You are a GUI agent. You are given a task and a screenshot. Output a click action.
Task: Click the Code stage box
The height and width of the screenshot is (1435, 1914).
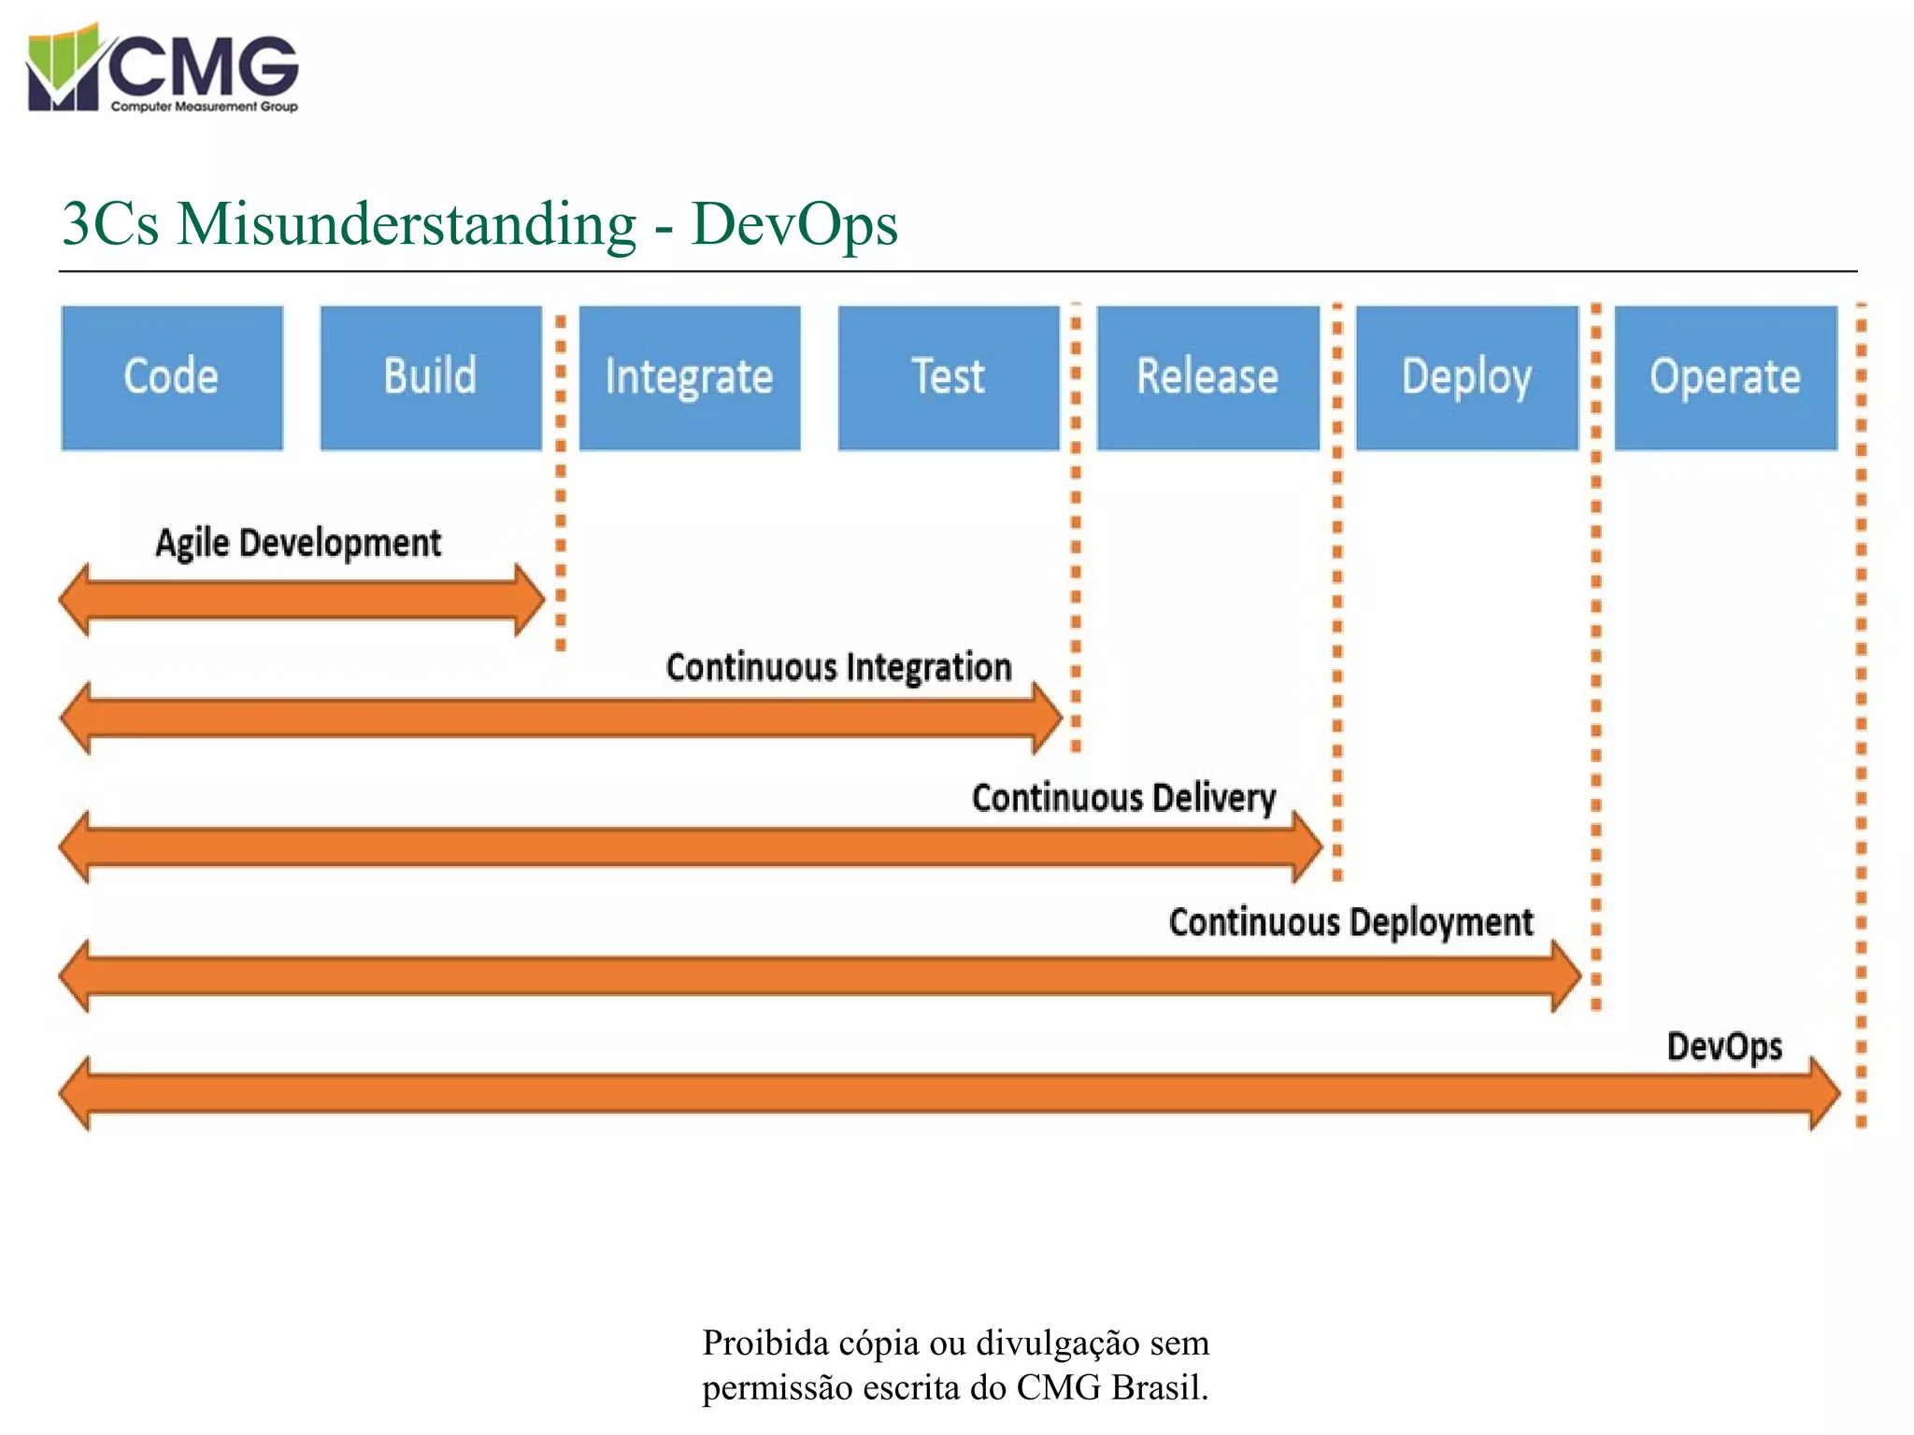click(172, 377)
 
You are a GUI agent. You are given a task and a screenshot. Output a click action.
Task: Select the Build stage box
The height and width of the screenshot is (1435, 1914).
click(431, 377)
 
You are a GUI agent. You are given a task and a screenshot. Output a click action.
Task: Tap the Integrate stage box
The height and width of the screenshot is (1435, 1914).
click(690, 377)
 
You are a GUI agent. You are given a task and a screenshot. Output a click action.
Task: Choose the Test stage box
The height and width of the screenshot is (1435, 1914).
click(949, 377)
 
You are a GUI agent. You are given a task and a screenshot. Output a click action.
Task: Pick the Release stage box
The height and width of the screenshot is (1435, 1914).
click(1207, 377)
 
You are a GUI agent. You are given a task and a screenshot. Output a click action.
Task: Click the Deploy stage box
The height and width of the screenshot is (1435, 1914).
click(1466, 377)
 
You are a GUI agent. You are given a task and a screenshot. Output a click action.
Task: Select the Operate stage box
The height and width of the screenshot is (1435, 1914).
click(1725, 377)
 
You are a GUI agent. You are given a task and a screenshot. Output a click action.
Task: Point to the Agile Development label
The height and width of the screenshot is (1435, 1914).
click(298, 544)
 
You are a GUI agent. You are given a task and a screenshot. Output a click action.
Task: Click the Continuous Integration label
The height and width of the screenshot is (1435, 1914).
click(838, 668)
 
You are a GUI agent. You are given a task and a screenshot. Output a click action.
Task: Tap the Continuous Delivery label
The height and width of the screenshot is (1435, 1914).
click(1123, 798)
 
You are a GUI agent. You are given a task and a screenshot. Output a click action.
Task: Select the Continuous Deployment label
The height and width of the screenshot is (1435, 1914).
click(1350, 923)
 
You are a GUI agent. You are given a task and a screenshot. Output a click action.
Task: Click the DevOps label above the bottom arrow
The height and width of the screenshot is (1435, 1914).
click(1724, 1046)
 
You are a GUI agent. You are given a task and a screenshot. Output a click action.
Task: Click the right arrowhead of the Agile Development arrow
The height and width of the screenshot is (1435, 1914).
click(530, 600)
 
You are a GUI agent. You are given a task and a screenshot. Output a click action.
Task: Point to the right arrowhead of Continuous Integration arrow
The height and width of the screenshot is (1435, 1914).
click(1048, 717)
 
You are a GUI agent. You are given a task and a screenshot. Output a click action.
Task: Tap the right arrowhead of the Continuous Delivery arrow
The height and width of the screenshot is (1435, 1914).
click(1307, 846)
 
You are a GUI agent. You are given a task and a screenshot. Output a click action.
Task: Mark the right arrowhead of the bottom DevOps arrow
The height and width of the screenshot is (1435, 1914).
click(1825, 1093)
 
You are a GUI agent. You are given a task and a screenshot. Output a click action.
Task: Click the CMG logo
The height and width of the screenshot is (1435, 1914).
click(163, 68)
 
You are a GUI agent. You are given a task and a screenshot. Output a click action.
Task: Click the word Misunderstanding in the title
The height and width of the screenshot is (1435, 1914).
click(407, 224)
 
